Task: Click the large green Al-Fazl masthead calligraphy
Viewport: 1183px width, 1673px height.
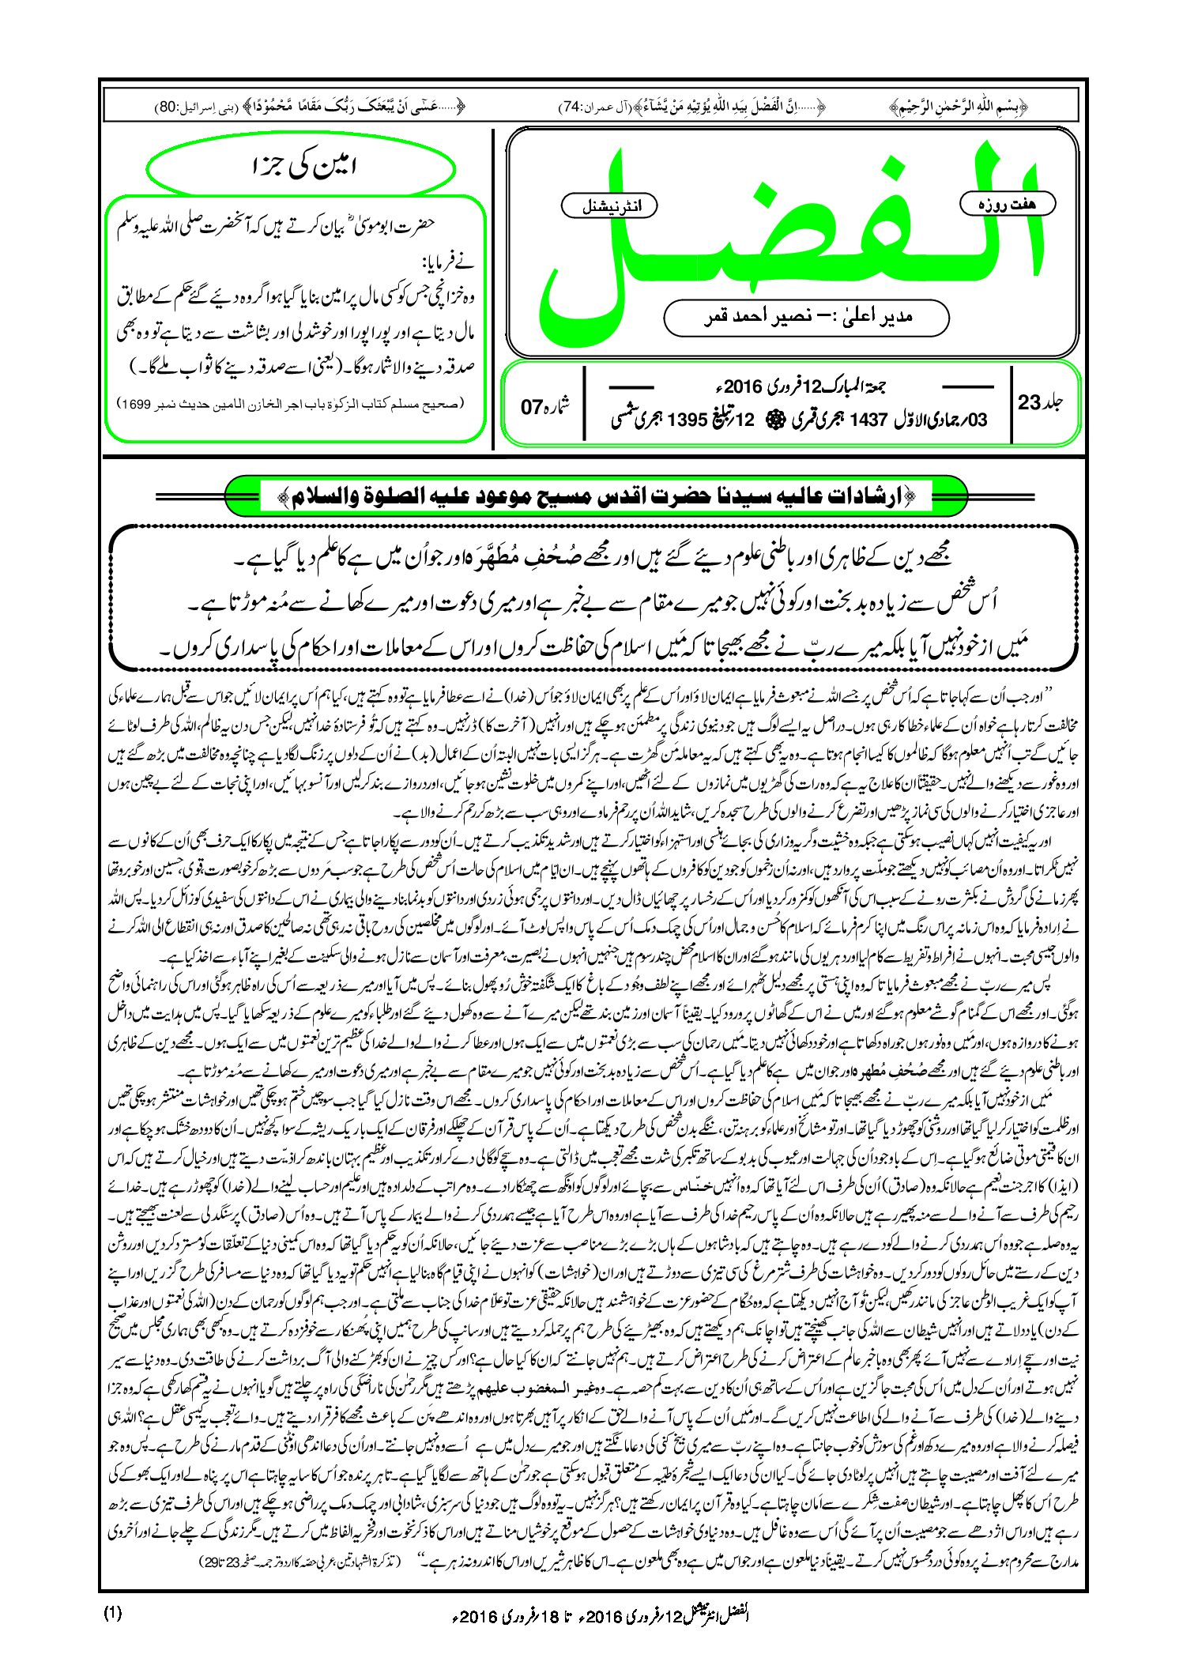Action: coord(790,237)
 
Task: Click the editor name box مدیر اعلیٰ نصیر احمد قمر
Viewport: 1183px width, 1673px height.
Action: coord(806,317)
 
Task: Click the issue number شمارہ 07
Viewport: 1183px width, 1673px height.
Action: coord(544,406)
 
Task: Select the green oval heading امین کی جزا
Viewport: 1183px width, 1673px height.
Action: coord(302,168)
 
